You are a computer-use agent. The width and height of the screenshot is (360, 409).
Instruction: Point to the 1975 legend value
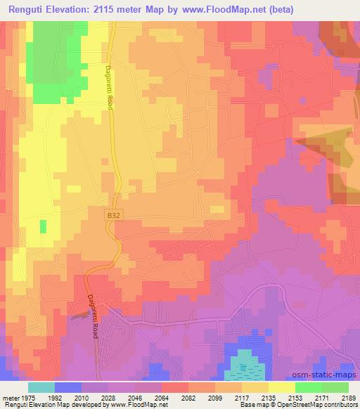21,396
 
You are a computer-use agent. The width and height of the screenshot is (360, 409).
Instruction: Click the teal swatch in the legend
41,387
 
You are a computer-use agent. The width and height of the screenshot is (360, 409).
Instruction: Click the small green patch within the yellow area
43,226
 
